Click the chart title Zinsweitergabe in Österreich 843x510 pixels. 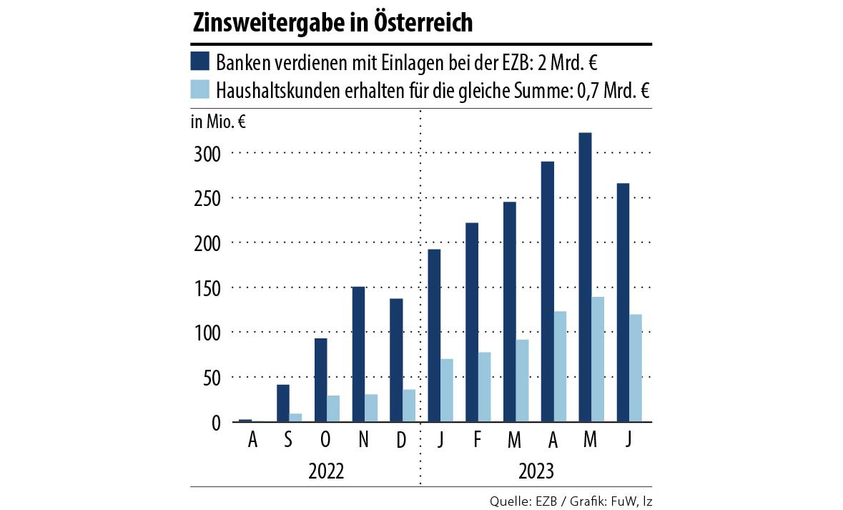(x=332, y=24)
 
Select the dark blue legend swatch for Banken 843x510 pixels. (x=199, y=61)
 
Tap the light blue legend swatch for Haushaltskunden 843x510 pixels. (x=199, y=89)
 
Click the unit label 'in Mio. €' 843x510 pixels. (x=218, y=122)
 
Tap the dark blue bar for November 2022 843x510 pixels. (x=358, y=354)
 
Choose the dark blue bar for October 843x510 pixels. (x=321, y=380)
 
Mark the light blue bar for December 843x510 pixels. (x=409, y=406)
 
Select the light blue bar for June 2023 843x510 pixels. (x=635, y=368)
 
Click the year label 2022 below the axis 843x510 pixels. (x=326, y=471)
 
